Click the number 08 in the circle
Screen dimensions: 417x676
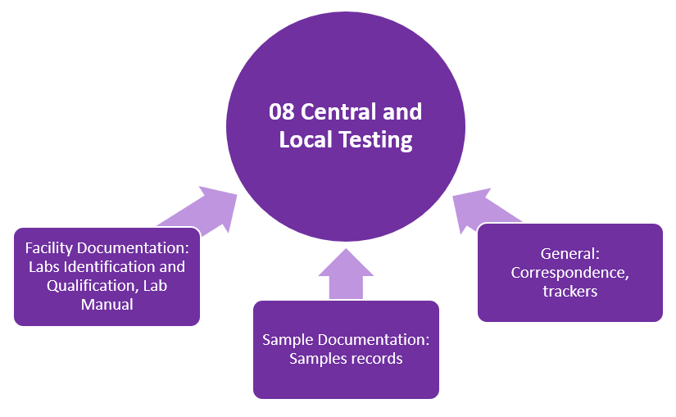(282, 111)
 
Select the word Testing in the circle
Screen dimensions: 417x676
(377, 140)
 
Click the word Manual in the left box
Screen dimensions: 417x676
(107, 306)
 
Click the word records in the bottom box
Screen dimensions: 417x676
(375, 359)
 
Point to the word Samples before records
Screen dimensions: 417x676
(317, 359)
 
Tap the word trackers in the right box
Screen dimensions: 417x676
(569, 292)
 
